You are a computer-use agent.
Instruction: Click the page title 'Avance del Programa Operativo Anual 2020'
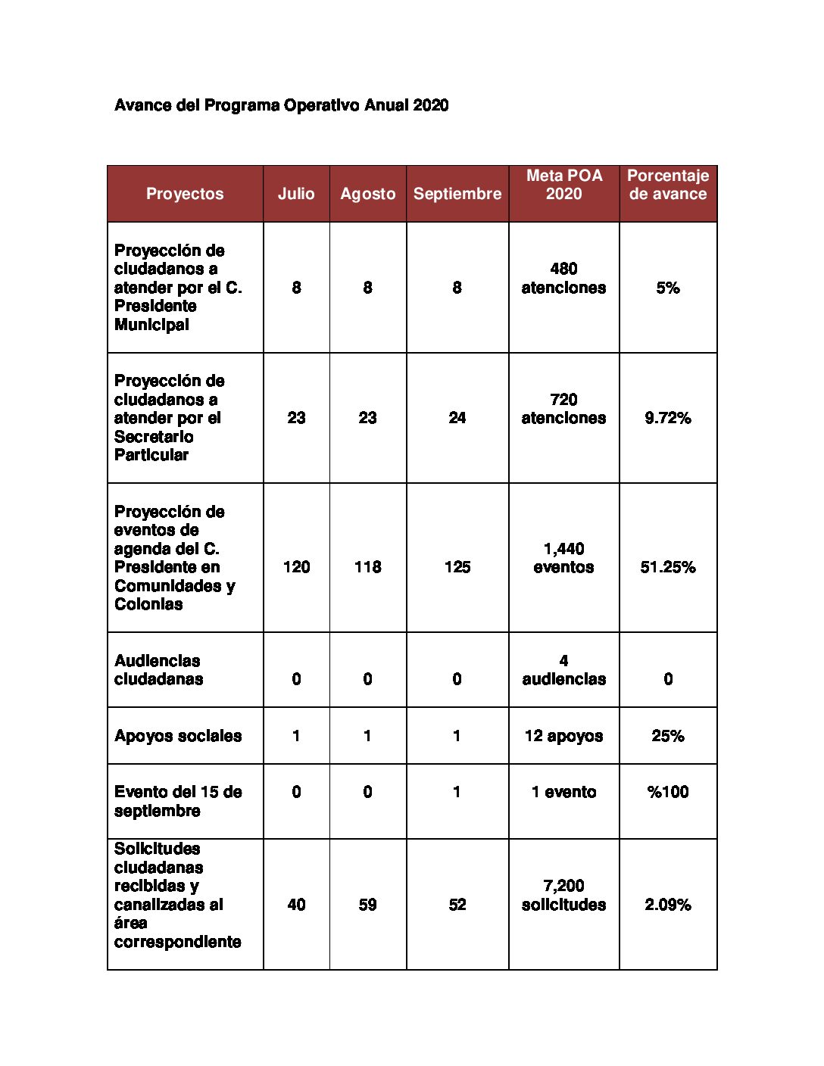281,105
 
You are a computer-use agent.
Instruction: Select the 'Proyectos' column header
185,194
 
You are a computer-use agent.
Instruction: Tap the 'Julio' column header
296,194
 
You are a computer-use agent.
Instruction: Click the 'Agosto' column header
367,194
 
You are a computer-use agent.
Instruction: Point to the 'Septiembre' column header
457,194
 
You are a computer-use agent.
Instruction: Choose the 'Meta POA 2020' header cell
564,185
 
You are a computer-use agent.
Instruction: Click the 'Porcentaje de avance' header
668,185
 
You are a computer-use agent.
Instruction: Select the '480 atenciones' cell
564,279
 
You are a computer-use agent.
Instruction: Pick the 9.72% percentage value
668,418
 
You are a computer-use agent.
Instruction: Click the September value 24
457,418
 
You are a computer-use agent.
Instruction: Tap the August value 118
367,567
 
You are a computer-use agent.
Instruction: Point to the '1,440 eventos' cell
564,558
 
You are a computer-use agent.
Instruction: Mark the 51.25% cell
668,567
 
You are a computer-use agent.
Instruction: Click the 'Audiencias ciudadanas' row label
158,670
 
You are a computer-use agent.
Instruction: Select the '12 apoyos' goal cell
564,736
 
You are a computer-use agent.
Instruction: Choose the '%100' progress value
668,792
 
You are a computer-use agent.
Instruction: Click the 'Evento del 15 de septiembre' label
178,801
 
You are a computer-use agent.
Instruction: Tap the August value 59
367,905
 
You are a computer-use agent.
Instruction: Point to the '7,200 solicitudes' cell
564,896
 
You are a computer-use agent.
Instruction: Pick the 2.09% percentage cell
668,905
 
